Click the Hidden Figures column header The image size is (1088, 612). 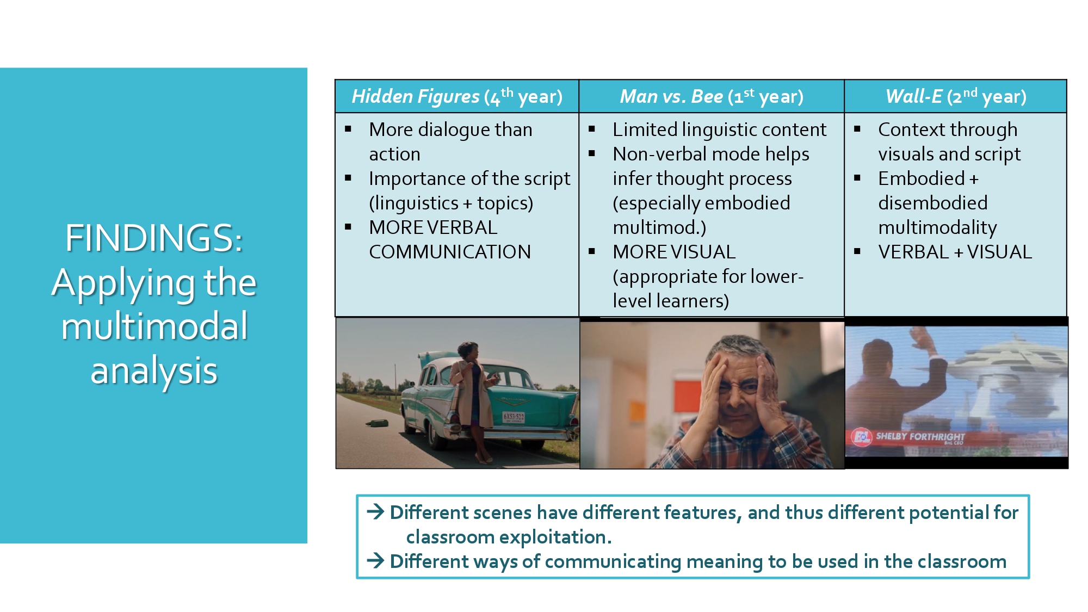tap(457, 96)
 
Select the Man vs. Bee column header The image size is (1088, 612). tap(712, 96)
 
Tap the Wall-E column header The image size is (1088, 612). tap(956, 96)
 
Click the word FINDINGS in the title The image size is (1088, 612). tap(154, 238)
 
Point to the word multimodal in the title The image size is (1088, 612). tap(154, 326)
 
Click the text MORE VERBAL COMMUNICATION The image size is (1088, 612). tap(450, 239)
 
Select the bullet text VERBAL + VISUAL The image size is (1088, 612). tap(955, 252)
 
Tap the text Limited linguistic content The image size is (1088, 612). tap(719, 129)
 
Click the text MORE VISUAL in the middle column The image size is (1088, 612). tap(674, 252)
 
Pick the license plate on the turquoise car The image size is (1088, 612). tap(513, 417)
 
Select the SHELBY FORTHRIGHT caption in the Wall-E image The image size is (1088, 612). tap(920, 437)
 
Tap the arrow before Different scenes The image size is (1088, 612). tap(375, 512)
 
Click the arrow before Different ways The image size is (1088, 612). tap(375, 561)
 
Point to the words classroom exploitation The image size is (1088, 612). tap(509, 537)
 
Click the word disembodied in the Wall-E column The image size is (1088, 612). tap(932, 203)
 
